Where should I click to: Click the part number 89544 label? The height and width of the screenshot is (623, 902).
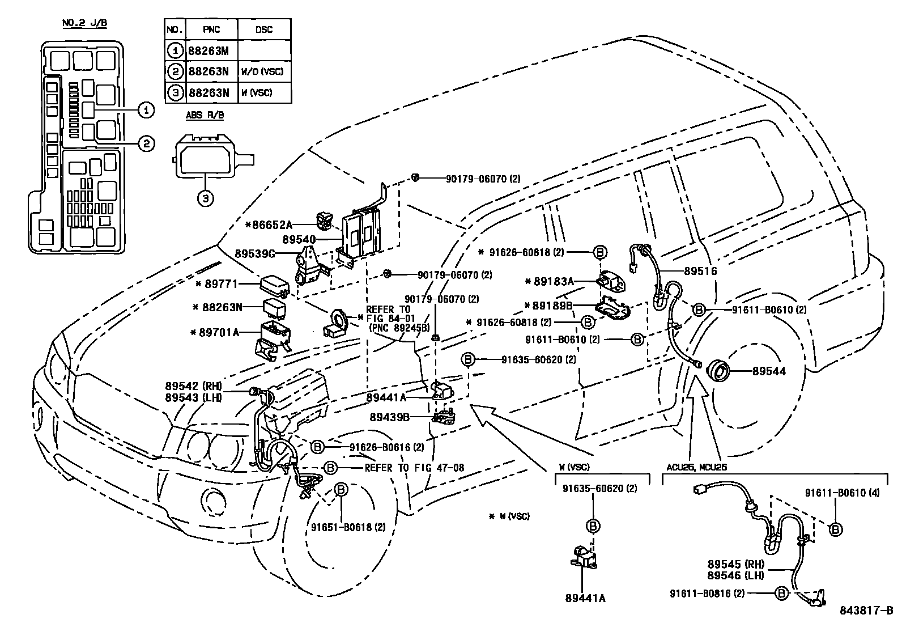click(768, 372)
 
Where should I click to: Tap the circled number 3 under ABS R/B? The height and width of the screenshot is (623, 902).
click(206, 198)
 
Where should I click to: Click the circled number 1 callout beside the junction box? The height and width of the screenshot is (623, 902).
click(146, 109)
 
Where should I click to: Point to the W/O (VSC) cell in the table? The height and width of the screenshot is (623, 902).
click(262, 72)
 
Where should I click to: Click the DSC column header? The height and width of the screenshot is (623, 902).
click(263, 29)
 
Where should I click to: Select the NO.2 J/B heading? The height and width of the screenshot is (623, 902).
click(84, 23)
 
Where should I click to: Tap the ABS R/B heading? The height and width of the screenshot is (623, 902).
click(205, 115)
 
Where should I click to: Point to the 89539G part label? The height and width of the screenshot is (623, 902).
click(255, 253)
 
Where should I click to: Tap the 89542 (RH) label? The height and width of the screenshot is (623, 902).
click(193, 387)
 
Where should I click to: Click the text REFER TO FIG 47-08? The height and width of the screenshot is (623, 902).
click(414, 468)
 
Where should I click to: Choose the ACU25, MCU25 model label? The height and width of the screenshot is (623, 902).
click(696, 467)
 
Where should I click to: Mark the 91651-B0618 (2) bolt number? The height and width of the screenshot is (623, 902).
click(348, 527)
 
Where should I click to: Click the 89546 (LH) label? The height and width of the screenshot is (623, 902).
click(736, 575)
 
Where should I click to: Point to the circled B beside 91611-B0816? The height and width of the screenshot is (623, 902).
click(781, 594)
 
